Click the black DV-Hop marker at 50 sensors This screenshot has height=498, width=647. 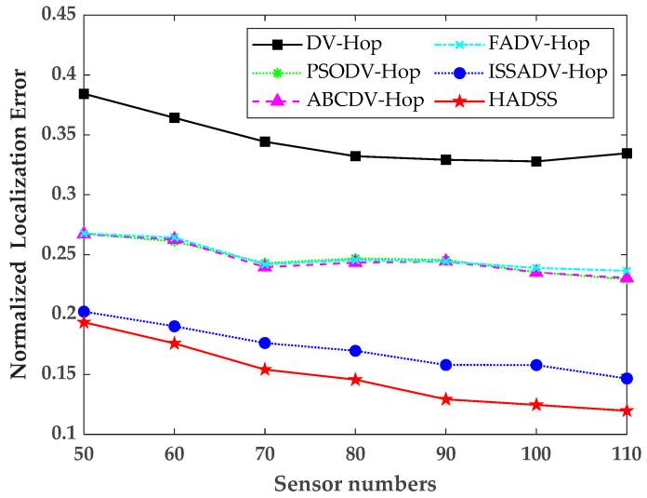click(x=84, y=94)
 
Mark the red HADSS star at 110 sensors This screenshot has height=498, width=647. click(x=627, y=411)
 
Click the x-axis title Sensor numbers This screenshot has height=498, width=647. click(x=354, y=483)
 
